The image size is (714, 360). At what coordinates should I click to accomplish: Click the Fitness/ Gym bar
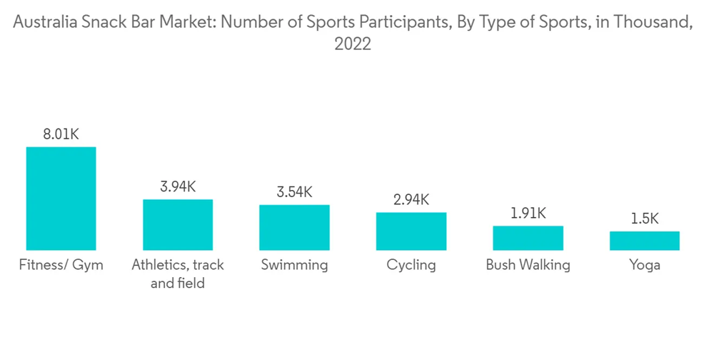point(61,199)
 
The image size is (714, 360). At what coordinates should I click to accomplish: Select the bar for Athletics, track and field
point(178,224)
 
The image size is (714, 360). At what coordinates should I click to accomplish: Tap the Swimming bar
point(294,227)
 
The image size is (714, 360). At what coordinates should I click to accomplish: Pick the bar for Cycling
point(411,231)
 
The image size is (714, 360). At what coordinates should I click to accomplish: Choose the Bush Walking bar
point(528,238)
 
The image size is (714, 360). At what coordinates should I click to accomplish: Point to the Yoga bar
point(644,241)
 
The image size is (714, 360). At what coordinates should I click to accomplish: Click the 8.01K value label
point(61,134)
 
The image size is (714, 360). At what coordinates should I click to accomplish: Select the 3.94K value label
point(178,186)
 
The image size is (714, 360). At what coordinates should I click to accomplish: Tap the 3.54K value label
point(294,192)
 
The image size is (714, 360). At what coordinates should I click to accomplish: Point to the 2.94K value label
point(411,199)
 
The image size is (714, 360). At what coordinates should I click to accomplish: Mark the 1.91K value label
point(528,213)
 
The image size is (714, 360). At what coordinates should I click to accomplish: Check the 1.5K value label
point(644,219)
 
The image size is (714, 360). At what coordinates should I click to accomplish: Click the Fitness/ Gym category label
point(61,265)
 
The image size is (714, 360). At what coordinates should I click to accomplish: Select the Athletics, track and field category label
point(178,274)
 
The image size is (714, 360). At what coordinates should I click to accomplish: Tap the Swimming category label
point(294,265)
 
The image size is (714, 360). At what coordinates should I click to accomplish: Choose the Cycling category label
point(411,265)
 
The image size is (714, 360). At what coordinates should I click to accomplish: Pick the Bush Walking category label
point(528,265)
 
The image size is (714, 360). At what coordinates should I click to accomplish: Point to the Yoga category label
point(644,265)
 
